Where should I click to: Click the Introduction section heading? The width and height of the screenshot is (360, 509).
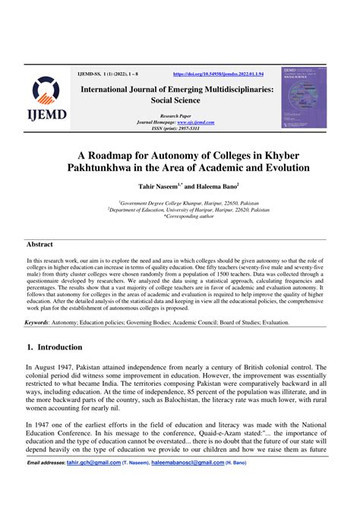(59, 347)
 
